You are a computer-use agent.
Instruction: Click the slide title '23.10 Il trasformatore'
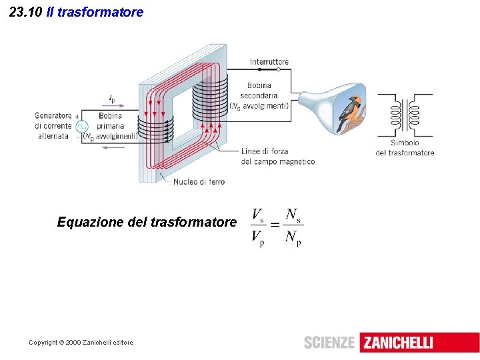(x=77, y=12)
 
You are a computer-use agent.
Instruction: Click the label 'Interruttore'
(x=269, y=62)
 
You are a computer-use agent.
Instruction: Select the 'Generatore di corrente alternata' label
(x=53, y=125)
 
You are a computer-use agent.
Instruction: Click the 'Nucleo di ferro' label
(x=199, y=181)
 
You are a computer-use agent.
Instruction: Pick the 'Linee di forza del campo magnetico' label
(x=277, y=156)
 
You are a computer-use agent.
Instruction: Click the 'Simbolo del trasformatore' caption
(x=405, y=147)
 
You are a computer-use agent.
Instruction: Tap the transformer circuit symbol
(x=405, y=115)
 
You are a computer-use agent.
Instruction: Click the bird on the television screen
(x=351, y=112)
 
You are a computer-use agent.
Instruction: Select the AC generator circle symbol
(x=81, y=127)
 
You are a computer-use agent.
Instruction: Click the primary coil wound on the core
(x=155, y=126)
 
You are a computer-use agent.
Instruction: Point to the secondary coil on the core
(x=210, y=93)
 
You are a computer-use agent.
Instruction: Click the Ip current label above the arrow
(x=112, y=99)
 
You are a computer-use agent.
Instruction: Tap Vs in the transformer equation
(x=257, y=215)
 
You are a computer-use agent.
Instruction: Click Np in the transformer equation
(x=293, y=237)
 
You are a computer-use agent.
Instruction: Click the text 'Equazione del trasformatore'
(x=147, y=221)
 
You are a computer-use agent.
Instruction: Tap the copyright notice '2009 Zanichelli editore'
(x=81, y=343)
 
